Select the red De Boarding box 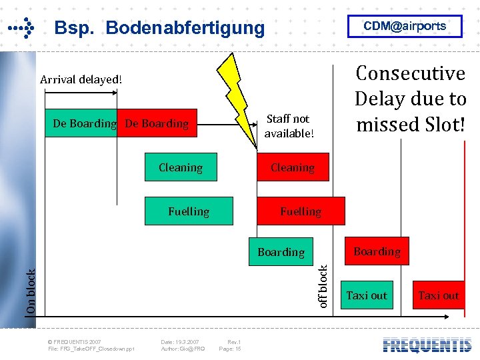tap(157, 123)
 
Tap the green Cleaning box tap(181, 167)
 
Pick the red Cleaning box tap(293, 167)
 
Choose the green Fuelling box tap(189, 211)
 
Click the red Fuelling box tap(301, 211)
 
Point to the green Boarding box tap(281, 252)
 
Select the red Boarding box tap(377, 251)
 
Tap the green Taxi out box tap(367, 295)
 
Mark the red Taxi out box tap(439, 295)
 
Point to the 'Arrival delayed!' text tap(81, 79)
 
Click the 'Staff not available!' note tap(288, 126)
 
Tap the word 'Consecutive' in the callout tap(410, 73)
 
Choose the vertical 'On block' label tap(31, 292)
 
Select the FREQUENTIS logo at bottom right tap(427, 345)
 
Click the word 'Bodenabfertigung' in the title tap(185, 28)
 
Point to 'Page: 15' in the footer tap(230, 349)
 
